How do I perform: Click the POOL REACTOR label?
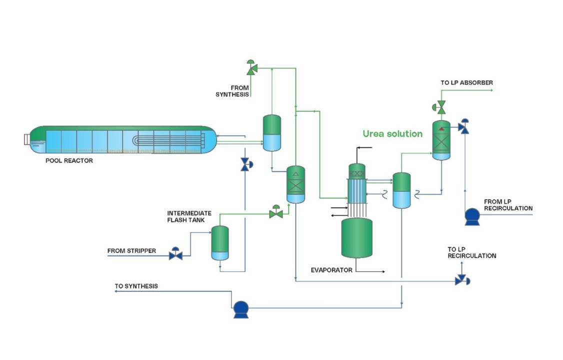tap(69, 160)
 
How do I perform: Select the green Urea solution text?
tap(392, 133)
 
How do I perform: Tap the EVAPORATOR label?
tap(331, 270)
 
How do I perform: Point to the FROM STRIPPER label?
tap(131, 250)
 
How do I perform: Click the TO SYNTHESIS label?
tap(136, 286)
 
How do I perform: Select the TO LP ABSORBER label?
tap(466, 82)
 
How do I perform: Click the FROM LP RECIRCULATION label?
tap(508, 205)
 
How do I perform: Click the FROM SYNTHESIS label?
tap(232, 91)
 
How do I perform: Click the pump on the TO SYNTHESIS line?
tap(241, 309)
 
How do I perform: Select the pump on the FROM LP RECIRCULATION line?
tap(471, 216)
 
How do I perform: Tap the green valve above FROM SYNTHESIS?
tap(251, 67)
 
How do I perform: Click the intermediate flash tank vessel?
tap(220, 242)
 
